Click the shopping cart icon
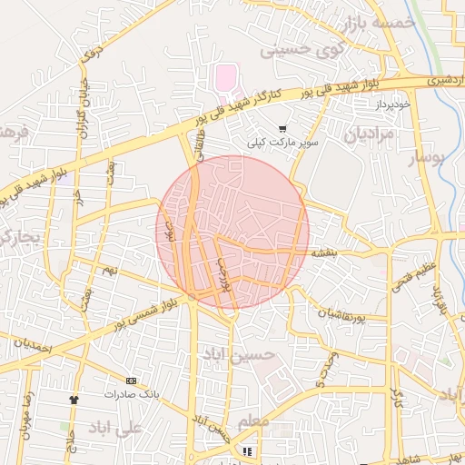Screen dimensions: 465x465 pos(282,129)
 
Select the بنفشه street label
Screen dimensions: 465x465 pos(325,253)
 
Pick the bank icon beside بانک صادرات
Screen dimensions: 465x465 pos(132,380)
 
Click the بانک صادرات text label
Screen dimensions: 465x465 pos(132,394)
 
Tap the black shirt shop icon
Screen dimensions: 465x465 pos(74,399)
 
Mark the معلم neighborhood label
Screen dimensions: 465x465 pos(252,423)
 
